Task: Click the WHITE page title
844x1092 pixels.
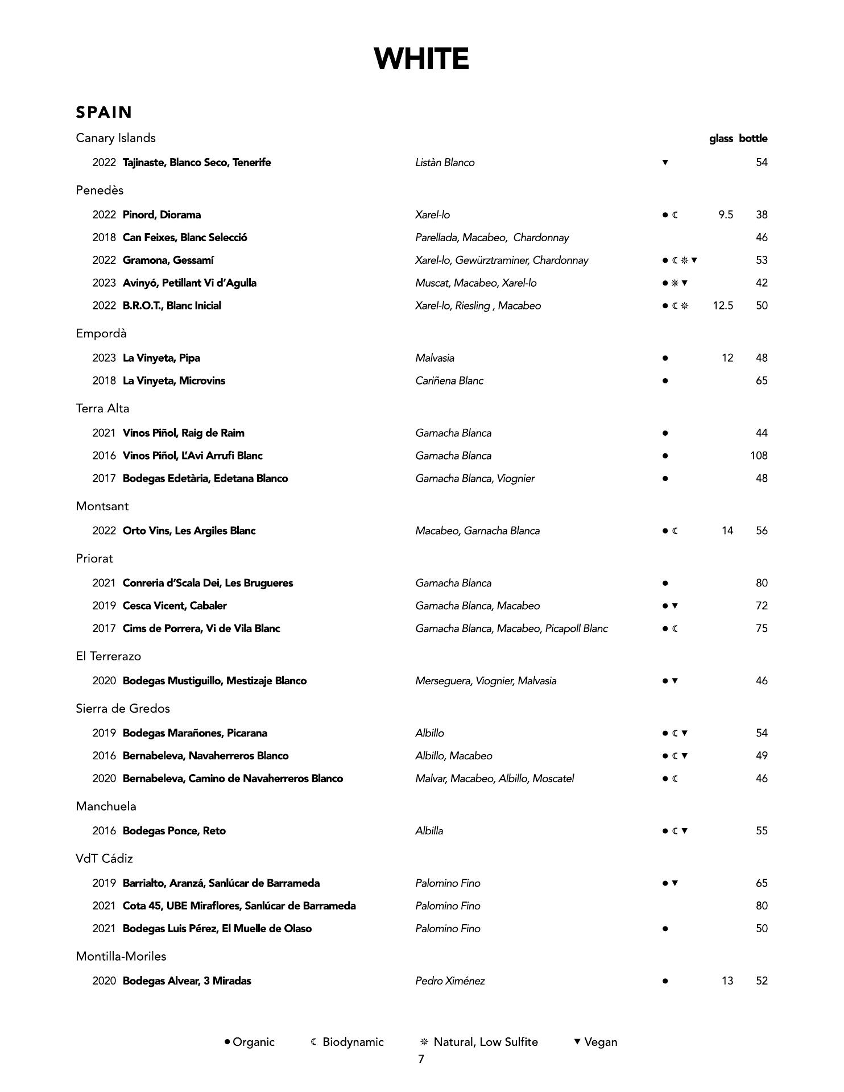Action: tap(421, 59)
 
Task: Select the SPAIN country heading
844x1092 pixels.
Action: tap(104, 112)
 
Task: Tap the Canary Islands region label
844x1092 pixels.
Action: tap(115, 138)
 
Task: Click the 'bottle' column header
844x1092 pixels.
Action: tap(753, 139)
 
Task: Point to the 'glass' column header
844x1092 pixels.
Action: tap(721, 139)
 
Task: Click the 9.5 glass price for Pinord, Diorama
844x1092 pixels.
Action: tap(725, 215)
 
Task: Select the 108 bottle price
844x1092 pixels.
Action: tap(759, 456)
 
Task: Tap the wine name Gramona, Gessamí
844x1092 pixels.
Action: tap(168, 260)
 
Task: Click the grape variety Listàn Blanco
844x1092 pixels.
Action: tap(445, 163)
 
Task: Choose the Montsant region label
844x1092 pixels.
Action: tap(102, 506)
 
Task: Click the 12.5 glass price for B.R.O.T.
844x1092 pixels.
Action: tap(723, 306)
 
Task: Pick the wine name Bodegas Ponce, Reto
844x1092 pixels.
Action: tap(174, 831)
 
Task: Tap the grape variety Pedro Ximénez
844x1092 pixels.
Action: tap(450, 981)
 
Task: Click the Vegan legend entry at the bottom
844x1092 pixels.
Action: tap(595, 1042)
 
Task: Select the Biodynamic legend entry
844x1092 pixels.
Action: tap(347, 1042)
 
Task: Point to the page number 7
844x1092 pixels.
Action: tap(421, 1059)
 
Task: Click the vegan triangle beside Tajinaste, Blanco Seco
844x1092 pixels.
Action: tap(665, 163)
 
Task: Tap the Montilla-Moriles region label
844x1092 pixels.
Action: tap(121, 956)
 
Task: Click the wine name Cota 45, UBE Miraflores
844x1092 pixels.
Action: tap(239, 906)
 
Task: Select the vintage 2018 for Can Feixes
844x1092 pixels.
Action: tap(104, 238)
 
